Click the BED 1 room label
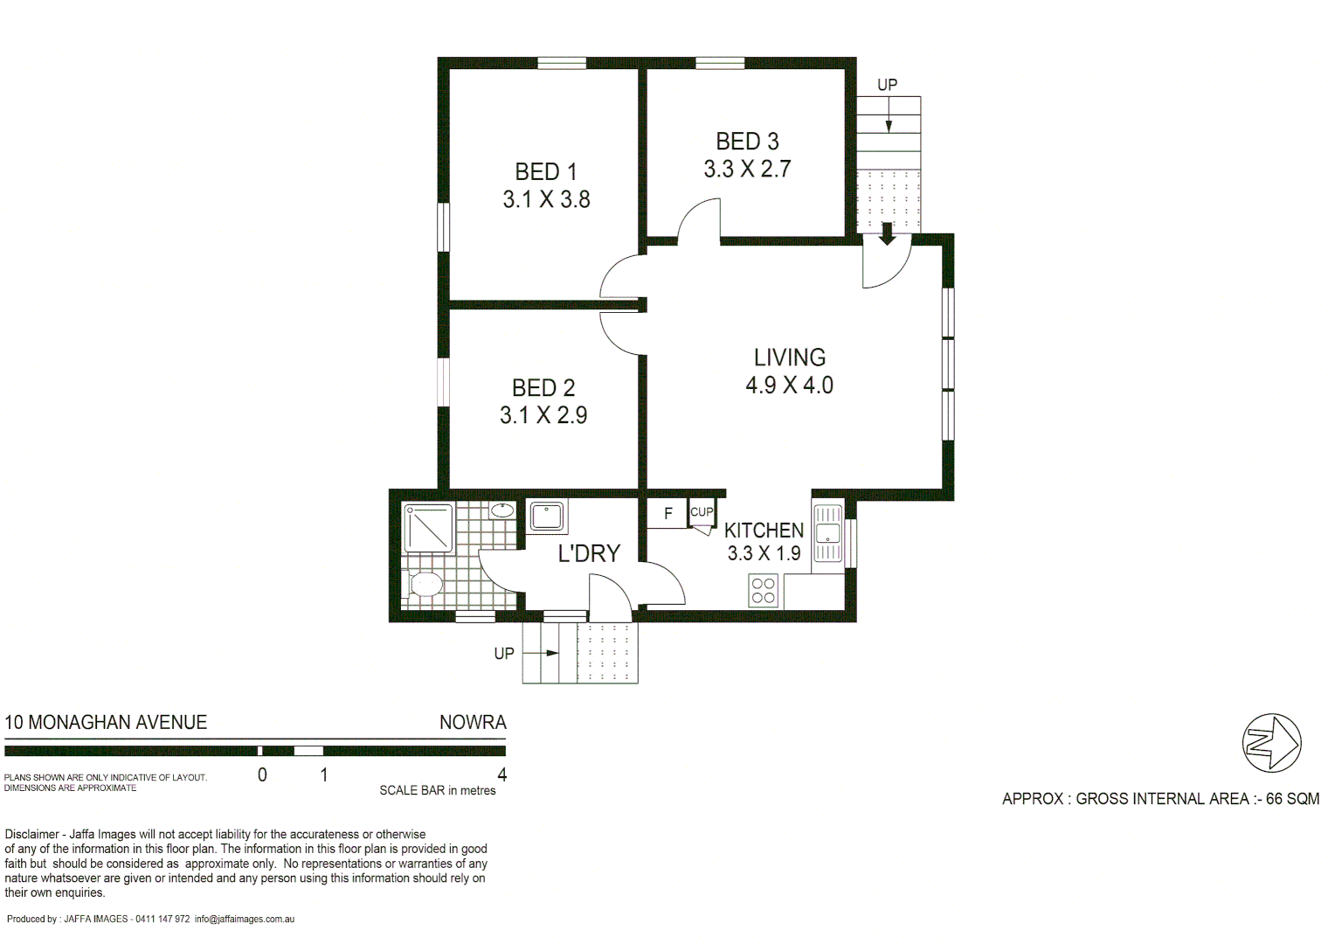point(546,171)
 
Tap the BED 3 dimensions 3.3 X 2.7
point(747,169)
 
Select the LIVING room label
point(789,357)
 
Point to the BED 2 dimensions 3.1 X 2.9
point(543,415)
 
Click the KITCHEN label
point(764,531)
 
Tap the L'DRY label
point(589,553)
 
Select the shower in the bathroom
point(427,527)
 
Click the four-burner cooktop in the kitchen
point(763,591)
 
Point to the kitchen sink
point(827,533)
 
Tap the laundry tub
point(547,516)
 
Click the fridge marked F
point(667,513)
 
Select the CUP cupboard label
point(702,512)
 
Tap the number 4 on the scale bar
point(501,774)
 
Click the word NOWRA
point(473,723)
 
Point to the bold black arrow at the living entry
point(886,234)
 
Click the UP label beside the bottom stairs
point(504,654)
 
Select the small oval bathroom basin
point(502,510)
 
